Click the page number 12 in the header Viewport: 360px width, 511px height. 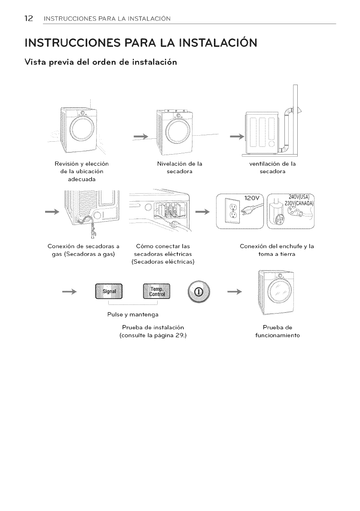click(x=28, y=18)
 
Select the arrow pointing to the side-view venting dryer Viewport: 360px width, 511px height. click(x=236, y=136)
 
